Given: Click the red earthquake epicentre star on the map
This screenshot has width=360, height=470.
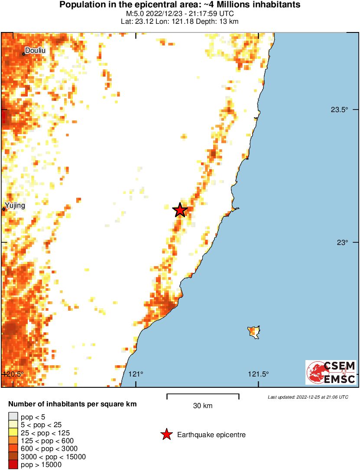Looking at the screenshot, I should pos(180,210).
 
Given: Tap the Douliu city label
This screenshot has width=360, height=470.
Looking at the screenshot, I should pos(35,51).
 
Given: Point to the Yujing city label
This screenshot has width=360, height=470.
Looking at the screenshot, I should pos(15,206).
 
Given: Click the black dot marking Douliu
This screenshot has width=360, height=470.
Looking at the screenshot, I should pos(24,54).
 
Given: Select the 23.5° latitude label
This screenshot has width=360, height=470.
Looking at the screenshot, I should pos(340,110).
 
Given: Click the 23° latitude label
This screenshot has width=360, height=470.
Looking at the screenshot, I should pos(343,243).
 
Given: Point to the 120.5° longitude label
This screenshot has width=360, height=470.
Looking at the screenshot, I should pos(13,374).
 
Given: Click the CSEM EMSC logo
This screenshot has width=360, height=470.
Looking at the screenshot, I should pos(331,373).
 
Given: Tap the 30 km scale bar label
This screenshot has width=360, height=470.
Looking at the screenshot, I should pos(203,406).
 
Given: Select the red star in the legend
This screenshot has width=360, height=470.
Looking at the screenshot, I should pos(167,435).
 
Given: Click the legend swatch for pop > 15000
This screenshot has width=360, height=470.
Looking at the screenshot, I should pos(13,465).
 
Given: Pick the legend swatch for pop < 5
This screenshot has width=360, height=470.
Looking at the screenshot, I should pos(13,417).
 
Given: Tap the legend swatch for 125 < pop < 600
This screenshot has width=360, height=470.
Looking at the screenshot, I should pos(13,441).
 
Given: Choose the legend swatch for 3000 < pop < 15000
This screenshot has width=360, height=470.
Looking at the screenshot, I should pos(13,457).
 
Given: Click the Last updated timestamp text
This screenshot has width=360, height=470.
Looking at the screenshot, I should pos(308,397).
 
